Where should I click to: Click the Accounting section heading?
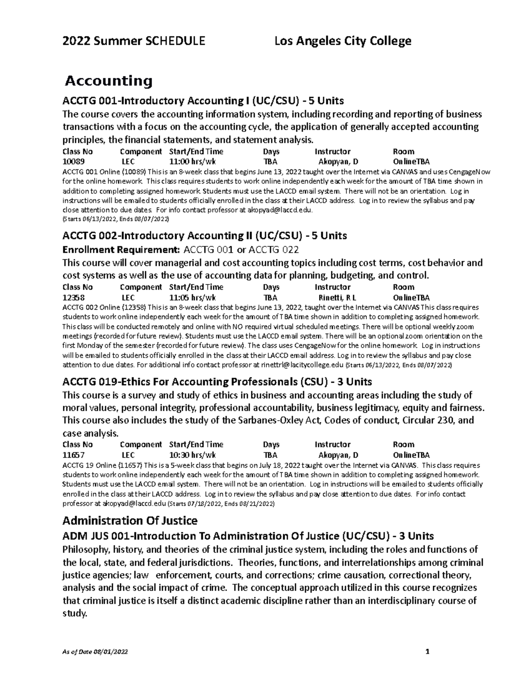pos(108,81)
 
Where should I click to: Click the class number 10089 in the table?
pos(73,162)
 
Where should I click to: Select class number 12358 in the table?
pos(73,298)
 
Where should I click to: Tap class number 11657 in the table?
pos(73,455)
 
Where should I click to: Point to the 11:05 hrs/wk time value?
pos(192,298)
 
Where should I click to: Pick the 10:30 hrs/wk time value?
pos(192,455)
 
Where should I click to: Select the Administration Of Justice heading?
pos(130,520)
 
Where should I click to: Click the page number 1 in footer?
pos(427,652)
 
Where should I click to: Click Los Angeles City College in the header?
pos(343,42)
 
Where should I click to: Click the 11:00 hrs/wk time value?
pos(192,162)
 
